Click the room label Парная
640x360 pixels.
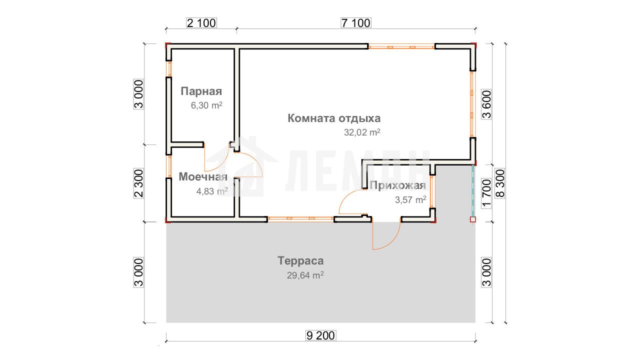pyautogui.click(x=201, y=91)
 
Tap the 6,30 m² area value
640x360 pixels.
pyautogui.click(x=206, y=105)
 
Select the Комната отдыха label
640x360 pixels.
pyautogui.click(x=334, y=118)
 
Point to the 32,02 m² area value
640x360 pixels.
pyautogui.click(x=362, y=132)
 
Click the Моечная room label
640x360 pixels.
pyautogui.click(x=203, y=176)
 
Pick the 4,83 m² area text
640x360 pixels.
pyautogui.click(x=212, y=191)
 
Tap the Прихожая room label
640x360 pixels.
pyautogui.click(x=397, y=185)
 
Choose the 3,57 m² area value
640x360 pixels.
pyautogui.click(x=410, y=199)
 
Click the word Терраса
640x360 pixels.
pyautogui.click(x=300, y=261)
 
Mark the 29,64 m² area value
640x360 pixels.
pyautogui.click(x=305, y=275)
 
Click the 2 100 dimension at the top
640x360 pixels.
pyautogui.click(x=201, y=23)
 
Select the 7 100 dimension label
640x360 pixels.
pyautogui.click(x=356, y=23)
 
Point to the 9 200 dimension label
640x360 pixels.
pyautogui.click(x=320, y=335)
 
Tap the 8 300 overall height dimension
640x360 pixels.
pyautogui.click(x=500, y=183)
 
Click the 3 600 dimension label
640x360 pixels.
pyautogui.click(x=486, y=104)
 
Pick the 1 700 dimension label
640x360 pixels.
pyautogui.click(x=486, y=193)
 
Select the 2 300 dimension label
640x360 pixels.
pyautogui.click(x=139, y=183)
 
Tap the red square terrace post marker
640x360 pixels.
pyautogui.click(x=473, y=219)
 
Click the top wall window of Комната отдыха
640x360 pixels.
pyautogui.click(x=401, y=46)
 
